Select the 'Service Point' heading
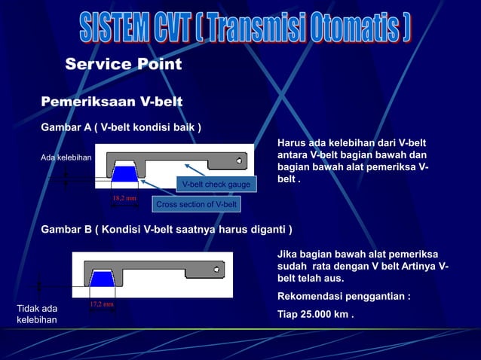tap(124, 65)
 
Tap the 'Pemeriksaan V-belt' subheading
tap(112, 102)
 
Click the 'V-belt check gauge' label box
tap(216, 185)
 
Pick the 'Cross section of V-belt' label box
tap(196, 205)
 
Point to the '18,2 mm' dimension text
tap(124, 199)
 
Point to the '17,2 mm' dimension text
tap(102, 304)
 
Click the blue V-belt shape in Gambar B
tap(102, 279)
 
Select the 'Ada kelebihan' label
tap(66, 158)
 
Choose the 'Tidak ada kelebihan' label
tap(37, 314)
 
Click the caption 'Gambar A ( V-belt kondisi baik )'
tap(121, 128)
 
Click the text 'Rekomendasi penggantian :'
tap(344, 297)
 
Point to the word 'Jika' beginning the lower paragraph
tap(289, 255)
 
